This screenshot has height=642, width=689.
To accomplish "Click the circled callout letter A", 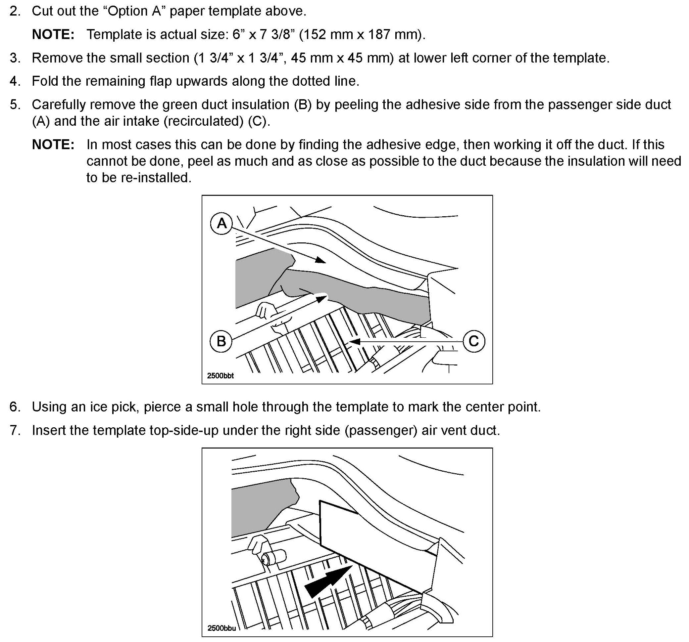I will (221, 223).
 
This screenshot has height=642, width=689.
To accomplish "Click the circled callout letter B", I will (221, 341).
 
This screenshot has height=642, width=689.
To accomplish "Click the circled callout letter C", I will (473, 341).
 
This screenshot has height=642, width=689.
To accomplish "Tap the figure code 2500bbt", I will (221, 376).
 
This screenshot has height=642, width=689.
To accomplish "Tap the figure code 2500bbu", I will (221, 628).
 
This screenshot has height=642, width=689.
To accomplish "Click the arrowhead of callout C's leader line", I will (355, 342).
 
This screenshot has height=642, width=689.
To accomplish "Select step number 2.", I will (15, 11).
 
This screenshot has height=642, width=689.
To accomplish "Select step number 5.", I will (15, 105).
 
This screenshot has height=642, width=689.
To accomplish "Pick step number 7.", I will (15, 430).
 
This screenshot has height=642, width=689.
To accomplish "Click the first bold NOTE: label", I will (53, 35).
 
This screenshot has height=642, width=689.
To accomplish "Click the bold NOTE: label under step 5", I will (53, 145).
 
